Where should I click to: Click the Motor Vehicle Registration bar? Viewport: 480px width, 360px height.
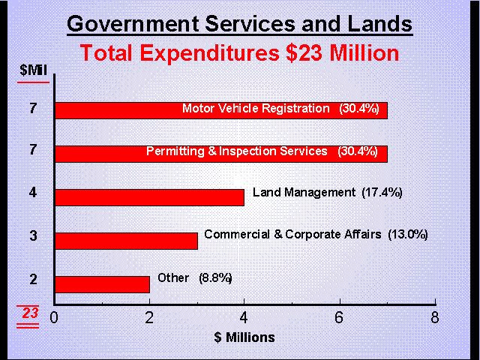point(112,109)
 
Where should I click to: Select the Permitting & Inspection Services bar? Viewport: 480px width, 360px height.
point(97,153)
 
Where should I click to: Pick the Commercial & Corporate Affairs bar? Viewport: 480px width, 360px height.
point(125,241)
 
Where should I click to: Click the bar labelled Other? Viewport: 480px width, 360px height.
point(101,283)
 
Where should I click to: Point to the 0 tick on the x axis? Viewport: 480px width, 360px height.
point(54,317)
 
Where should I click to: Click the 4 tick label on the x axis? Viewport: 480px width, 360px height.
point(244,317)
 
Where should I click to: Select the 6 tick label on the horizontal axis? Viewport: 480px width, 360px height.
point(340,317)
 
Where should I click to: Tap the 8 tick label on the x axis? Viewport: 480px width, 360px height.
point(435,317)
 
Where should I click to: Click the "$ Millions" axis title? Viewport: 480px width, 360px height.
point(244,337)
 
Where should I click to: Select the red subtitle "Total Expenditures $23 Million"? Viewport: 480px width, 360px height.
point(239,54)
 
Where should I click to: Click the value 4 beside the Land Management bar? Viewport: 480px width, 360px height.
point(31,192)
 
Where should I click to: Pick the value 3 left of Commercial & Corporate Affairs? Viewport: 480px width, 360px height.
point(31,236)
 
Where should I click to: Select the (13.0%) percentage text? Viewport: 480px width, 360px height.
point(407,234)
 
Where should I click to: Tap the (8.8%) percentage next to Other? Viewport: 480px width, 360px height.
point(215,277)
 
